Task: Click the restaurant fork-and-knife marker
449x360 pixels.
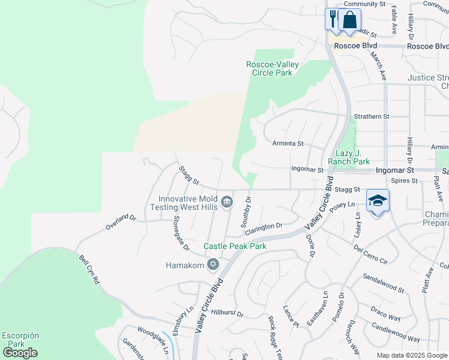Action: [333, 18]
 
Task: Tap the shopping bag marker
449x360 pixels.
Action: [349, 20]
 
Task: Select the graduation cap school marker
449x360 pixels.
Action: [378, 202]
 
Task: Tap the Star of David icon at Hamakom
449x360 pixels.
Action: [212, 264]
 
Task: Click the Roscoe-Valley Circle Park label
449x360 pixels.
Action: [270, 68]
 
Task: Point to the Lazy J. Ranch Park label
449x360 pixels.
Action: [349, 157]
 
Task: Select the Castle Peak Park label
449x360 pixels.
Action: [235, 246]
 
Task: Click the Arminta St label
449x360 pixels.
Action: [288, 143]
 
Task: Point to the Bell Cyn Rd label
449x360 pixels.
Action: [89, 270]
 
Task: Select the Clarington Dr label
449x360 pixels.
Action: [262, 227]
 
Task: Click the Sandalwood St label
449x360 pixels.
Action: [384, 283]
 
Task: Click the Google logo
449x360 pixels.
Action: [20, 353]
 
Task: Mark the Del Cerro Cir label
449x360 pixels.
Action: [371, 254]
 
